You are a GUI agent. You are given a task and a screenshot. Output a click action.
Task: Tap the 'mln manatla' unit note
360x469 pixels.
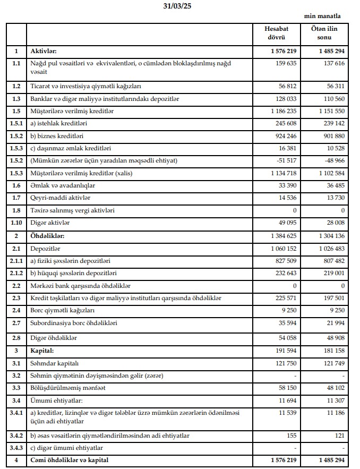click(x=322, y=16)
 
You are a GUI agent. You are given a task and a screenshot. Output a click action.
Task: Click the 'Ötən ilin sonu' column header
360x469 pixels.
click(x=324, y=33)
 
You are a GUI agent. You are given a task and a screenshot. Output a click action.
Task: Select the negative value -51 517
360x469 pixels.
click(x=285, y=160)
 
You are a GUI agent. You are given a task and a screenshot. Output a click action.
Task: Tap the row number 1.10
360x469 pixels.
click(x=16, y=223)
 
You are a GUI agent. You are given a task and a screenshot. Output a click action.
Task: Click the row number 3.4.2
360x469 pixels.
click(x=16, y=436)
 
